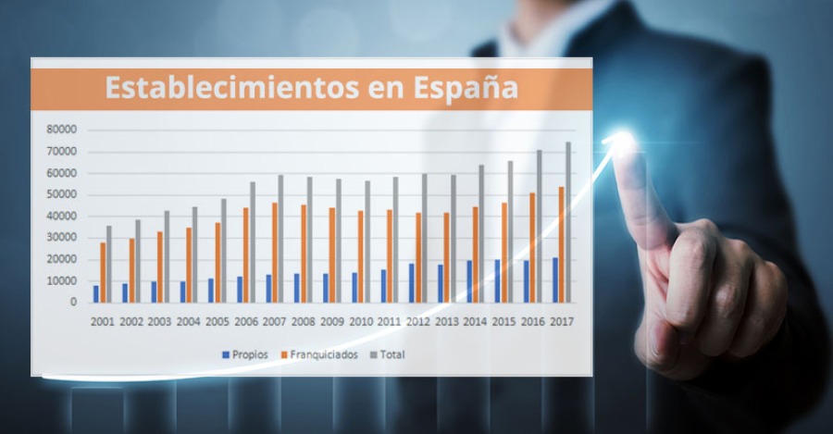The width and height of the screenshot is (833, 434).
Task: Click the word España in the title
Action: [x=465, y=89]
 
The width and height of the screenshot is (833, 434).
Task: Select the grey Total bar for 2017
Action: [x=568, y=222]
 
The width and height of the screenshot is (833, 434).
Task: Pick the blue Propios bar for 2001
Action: [x=95, y=293]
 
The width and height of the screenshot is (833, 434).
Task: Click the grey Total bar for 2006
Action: [x=252, y=242]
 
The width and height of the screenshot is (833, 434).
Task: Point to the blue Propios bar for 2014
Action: [x=468, y=281]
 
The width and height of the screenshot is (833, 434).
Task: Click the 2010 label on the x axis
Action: [x=360, y=321]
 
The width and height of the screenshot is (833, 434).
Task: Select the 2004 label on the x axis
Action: [x=189, y=321]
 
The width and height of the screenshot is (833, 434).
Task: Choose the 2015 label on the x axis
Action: [x=504, y=321]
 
